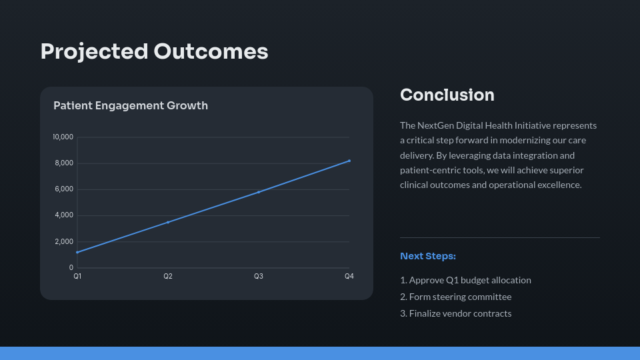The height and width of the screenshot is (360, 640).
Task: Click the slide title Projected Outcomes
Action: pos(154,51)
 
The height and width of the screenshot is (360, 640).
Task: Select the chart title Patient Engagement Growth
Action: pos(131,105)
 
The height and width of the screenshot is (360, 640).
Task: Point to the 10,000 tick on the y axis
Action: pos(63,137)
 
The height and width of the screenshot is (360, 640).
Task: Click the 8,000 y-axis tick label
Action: pos(64,163)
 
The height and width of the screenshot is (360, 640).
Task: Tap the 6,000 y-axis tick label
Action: pos(64,189)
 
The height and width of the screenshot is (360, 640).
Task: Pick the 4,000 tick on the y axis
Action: pos(64,215)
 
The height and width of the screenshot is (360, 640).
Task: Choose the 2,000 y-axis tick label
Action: pos(64,241)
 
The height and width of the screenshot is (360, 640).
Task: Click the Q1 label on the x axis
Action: pos(77,276)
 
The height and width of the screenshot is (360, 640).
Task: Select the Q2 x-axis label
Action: pos(168,276)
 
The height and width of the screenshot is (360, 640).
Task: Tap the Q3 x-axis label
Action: pos(259,276)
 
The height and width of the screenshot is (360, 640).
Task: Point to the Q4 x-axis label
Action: pos(349,276)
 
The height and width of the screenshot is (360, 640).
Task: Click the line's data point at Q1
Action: pos(77,252)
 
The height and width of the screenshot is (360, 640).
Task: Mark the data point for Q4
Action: pos(349,161)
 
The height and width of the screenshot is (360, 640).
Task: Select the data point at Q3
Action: pos(259,192)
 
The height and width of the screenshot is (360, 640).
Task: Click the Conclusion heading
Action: pos(447,95)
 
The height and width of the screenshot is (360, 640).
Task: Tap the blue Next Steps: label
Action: pos(427,256)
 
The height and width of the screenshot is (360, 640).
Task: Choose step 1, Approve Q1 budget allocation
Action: pos(465,280)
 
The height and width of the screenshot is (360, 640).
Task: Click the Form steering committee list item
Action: pos(455,297)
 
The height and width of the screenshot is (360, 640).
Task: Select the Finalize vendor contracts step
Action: pos(455,313)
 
